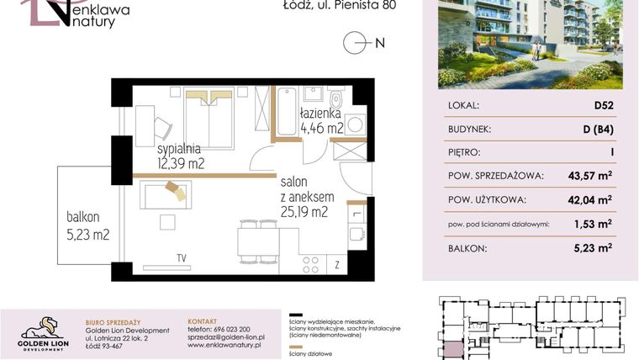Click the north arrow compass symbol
[356, 43]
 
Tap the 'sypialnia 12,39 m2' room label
[181, 156]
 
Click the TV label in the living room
[181, 257]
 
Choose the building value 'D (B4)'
[599, 130]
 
